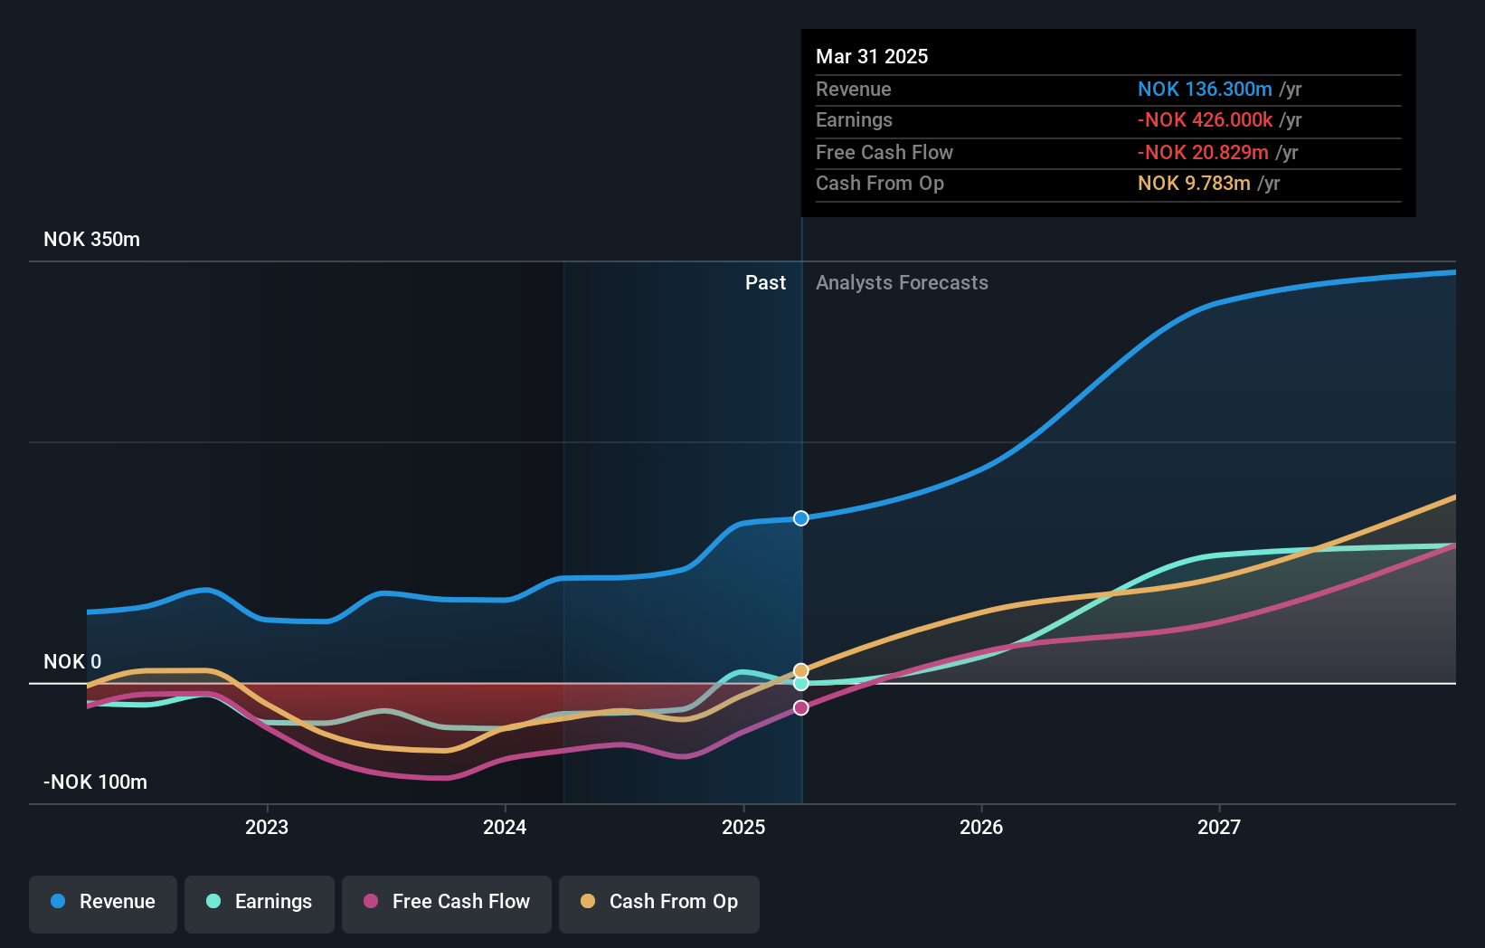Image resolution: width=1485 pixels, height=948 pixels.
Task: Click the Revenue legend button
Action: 103,902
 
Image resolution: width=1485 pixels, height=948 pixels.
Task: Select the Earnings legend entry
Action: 260,902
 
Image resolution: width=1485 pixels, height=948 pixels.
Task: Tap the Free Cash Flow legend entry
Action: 447,902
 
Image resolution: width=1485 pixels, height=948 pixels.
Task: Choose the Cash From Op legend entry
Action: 659,902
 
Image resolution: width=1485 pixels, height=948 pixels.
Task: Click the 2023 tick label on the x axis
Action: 267,827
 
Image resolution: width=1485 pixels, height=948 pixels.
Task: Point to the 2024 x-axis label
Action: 505,827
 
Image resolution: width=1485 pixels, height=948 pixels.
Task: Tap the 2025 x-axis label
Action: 743,827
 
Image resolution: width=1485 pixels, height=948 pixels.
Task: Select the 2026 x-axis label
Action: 981,827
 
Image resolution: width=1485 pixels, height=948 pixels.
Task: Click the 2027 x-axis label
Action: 1219,827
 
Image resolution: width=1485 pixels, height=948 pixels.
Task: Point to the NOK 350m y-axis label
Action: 91,240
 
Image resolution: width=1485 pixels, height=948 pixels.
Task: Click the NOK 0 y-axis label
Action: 72,662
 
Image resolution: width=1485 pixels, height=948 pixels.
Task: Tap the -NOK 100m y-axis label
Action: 95,782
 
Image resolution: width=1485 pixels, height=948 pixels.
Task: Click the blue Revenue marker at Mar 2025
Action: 801,518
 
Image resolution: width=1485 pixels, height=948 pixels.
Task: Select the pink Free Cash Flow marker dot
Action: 801,707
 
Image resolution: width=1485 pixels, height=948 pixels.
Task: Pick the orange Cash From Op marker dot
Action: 801,670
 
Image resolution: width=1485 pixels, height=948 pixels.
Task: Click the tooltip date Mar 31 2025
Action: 872,56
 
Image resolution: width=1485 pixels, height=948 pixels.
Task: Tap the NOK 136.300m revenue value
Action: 1205,90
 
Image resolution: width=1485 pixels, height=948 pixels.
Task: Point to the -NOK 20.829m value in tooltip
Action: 1203,153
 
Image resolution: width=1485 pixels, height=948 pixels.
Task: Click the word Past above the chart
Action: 765,283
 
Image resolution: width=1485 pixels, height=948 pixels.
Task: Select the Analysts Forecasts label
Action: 902,283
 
